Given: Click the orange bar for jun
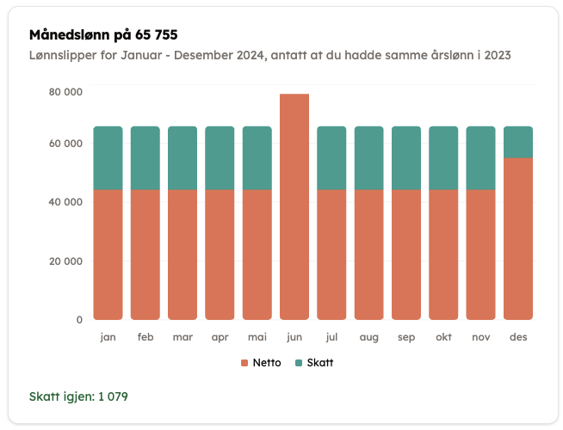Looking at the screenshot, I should [x=294, y=206].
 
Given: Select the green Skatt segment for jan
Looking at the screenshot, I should [x=108, y=157].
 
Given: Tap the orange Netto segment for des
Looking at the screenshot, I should [x=518, y=238].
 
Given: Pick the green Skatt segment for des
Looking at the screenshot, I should [x=518, y=142].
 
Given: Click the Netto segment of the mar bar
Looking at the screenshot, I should [x=183, y=255].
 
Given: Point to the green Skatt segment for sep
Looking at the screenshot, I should [x=406, y=157].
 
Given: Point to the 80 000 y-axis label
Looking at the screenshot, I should [x=65, y=92].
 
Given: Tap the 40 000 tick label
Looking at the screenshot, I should [x=65, y=202].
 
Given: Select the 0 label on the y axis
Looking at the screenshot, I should [x=79, y=320].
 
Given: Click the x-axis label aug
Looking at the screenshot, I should [x=368, y=338].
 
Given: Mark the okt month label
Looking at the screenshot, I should [x=443, y=338].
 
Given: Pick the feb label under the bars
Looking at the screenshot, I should [x=145, y=338].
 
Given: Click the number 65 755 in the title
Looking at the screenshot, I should [x=156, y=35].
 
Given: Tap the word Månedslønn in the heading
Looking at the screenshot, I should [x=66, y=35].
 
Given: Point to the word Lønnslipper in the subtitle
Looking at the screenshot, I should [x=65, y=56].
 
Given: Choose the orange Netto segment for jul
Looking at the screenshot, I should [x=331, y=255].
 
